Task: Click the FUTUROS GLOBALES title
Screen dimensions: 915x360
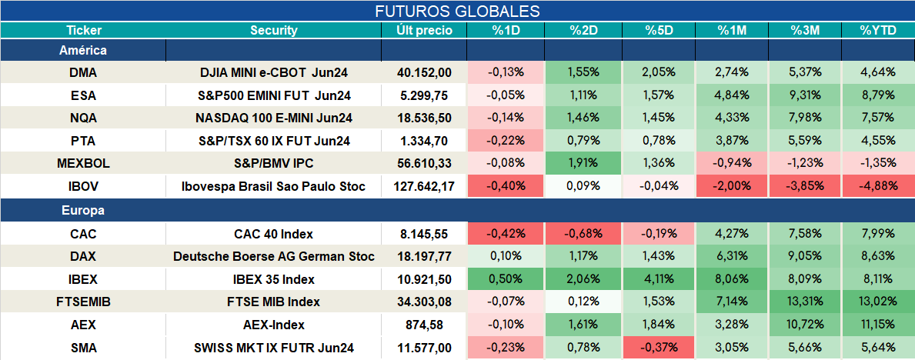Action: click(x=457, y=11)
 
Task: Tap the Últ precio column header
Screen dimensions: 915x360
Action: click(x=424, y=31)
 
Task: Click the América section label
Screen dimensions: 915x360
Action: click(x=83, y=50)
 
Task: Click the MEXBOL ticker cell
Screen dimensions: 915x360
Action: click(x=83, y=164)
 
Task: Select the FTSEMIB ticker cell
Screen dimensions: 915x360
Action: click(x=83, y=302)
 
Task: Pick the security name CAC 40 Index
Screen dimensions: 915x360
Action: click(x=274, y=234)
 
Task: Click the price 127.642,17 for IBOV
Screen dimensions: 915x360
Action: click(x=424, y=187)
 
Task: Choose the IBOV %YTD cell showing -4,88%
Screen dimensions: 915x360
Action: click(x=877, y=187)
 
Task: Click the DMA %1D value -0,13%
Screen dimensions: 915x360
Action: click(x=505, y=72)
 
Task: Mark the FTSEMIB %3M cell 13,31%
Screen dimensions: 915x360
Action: click(x=805, y=302)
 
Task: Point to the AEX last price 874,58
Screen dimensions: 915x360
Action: click(x=424, y=325)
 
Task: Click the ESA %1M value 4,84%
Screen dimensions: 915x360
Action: click(x=733, y=95)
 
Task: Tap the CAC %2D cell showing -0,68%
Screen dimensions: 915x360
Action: click(x=583, y=234)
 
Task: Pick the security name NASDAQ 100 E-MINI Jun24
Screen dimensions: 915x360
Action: click(x=274, y=118)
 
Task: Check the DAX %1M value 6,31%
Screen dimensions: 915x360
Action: click(x=733, y=256)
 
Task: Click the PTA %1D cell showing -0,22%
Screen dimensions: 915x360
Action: click(x=505, y=142)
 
